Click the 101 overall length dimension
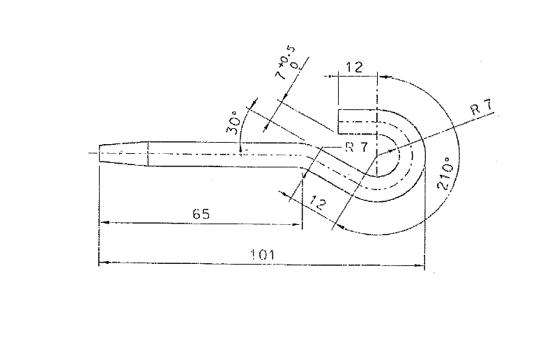click(x=263, y=255)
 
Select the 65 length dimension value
click(x=201, y=214)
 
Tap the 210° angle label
click(x=446, y=173)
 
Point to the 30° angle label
click(x=233, y=123)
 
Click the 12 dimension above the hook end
click(x=355, y=67)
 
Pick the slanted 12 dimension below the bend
click(x=318, y=203)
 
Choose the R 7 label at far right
click(x=482, y=107)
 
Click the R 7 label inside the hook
click(x=357, y=147)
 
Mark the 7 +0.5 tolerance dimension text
click(x=286, y=63)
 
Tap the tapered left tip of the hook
click(x=100, y=153)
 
